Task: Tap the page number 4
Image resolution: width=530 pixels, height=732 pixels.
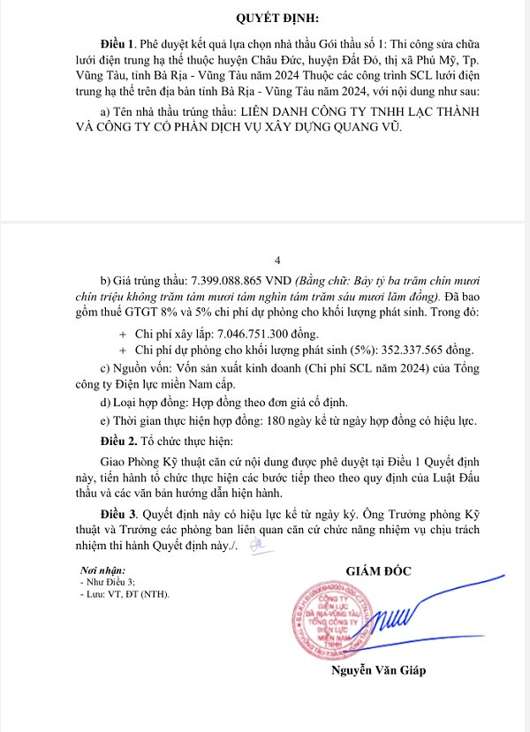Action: coord(278,260)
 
